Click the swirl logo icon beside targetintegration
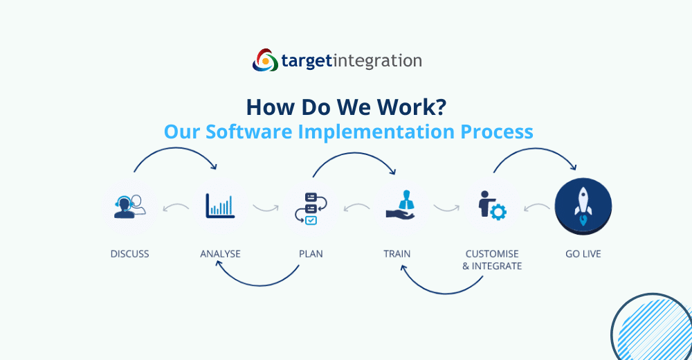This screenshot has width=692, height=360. point(265,60)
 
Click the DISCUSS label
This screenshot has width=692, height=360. point(130,254)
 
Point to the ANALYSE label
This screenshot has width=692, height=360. point(220,254)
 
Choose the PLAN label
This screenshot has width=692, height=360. point(311,254)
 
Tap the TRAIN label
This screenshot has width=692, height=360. point(397,254)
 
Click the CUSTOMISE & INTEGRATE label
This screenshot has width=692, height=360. point(492,260)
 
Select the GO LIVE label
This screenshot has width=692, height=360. point(583,254)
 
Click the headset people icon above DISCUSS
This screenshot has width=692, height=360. point(130,206)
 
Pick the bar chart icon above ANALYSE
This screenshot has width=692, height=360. point(220,206)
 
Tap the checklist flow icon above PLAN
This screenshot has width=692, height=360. point(311,208)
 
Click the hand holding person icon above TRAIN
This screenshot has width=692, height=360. point(401,205)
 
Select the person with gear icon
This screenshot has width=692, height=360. point(492,206)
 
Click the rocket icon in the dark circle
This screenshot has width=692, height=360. point(583,206)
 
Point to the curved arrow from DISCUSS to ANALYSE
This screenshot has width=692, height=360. point(176,148)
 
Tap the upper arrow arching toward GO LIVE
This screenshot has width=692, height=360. point(535,149)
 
